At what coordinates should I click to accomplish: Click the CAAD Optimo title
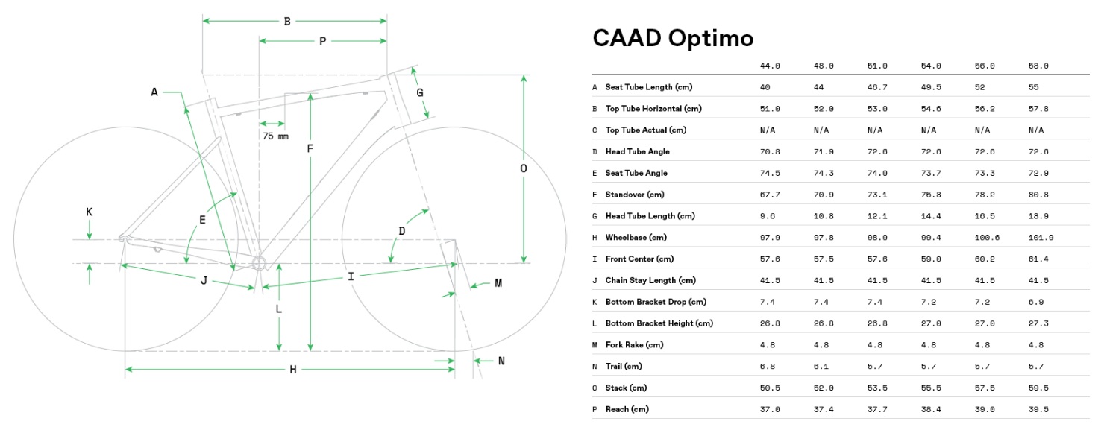(673, 39)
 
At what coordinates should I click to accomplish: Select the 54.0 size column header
(931, 66)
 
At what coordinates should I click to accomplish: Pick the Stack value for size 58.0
(1038, 388)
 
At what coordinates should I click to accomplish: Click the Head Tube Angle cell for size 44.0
(770, 151)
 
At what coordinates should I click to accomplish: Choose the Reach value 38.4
(931, 409)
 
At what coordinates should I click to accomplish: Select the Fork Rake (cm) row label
(634, 345)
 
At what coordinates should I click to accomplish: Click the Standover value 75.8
(931, 195)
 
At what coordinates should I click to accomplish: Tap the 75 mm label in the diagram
(275, 136)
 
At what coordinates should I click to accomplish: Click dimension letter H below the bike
(293, 370)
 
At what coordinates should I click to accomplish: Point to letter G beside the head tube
(420, 93)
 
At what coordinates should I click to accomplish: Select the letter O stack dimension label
(524, 168)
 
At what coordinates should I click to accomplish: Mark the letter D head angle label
(401, 231)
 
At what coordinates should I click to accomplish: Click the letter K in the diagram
(89, 212)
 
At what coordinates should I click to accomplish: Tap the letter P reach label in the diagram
(322, 42)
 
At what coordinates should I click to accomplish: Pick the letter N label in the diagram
(501, 361)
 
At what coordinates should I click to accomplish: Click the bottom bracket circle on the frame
(259, 262)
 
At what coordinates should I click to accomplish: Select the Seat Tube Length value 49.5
(931, 87)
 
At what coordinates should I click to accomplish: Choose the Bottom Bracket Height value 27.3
(1038, 323)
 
